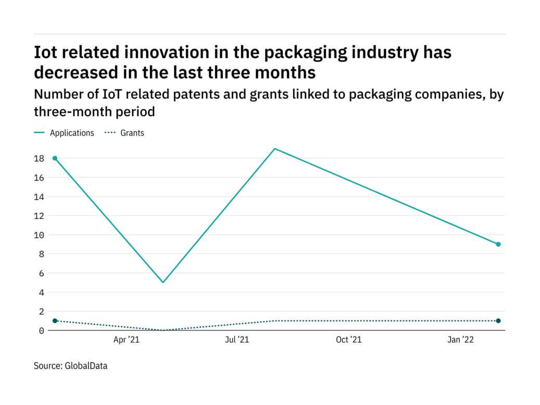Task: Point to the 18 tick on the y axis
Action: point(38,158)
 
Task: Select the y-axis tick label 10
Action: point(38,235)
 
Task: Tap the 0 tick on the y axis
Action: point(41,330)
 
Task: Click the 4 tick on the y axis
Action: point(41,292)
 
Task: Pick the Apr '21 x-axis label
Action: point(126,340)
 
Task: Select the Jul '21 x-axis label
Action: point(237,340)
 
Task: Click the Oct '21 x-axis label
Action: point(349,340)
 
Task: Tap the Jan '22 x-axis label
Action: point(461,340)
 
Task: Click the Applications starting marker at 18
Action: point(55,158)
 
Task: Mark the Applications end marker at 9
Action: point(498,244)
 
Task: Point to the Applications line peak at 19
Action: point(275,149)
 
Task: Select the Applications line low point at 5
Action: point(163,282)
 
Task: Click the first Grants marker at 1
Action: point(55,321)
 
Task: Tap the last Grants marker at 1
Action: point(498,321)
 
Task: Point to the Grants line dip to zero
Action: point(163,330)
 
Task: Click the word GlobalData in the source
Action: point(86,366)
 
